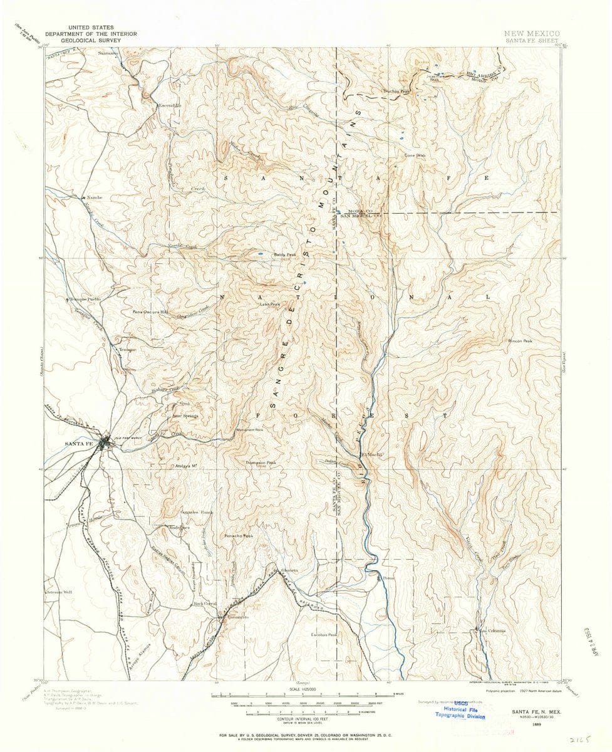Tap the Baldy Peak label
coord(284,255)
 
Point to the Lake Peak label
coord(269,305)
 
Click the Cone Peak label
coord(415,155)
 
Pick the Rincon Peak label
coord(520,342)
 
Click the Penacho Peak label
coord(238,536)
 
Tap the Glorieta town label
coord(289,570)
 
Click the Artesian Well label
coord(60,591)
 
